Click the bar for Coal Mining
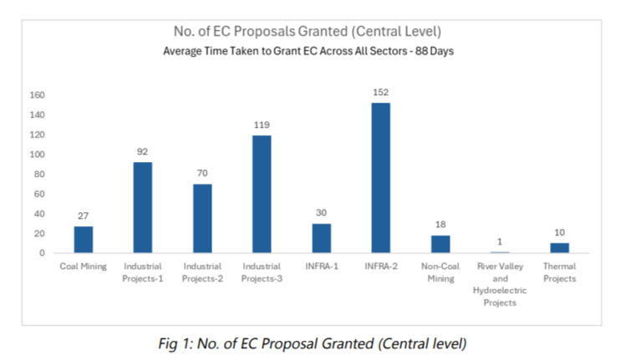83,240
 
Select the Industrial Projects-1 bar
142,207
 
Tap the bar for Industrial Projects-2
201,218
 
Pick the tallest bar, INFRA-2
381,178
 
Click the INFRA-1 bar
321,238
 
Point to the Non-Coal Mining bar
440,244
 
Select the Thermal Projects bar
559,248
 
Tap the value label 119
262,125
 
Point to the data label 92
142,152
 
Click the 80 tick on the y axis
38,175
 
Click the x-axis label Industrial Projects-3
262,272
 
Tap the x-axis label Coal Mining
83,266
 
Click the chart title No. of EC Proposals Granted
310,33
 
